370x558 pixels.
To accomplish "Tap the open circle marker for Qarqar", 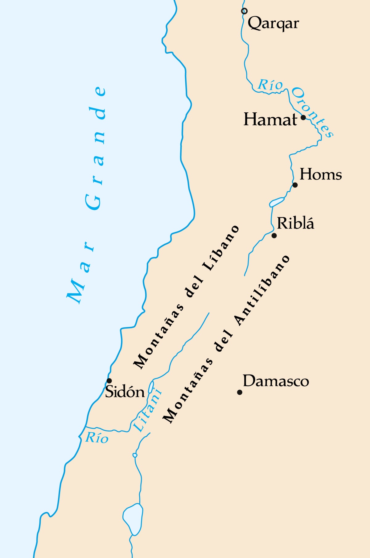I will point(244,11).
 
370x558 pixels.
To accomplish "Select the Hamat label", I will point(270,120).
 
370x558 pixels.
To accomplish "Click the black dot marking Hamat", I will point(303,117).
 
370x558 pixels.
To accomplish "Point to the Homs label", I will point(321,174).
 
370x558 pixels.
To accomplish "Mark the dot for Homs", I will point(295,185).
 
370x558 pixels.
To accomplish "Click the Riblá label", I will point(295,223).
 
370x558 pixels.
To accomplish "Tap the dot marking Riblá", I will point(274,236).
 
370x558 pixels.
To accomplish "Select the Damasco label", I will point(276,381).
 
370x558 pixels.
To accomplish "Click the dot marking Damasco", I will point(240,392).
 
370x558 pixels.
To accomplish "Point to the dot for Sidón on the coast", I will point(109,381).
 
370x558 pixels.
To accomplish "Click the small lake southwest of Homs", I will point(277,202).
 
